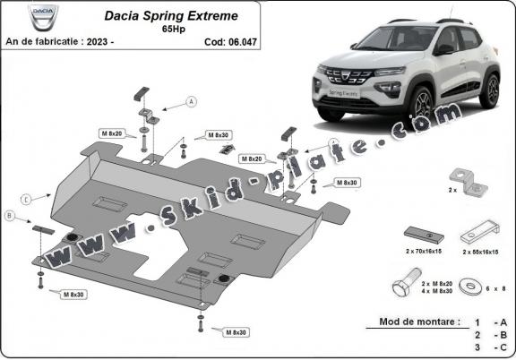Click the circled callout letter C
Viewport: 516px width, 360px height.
pos(27,198)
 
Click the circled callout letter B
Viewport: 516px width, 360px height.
pos(10,217)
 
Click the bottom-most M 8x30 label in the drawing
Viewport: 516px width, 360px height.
pos(235,332)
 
